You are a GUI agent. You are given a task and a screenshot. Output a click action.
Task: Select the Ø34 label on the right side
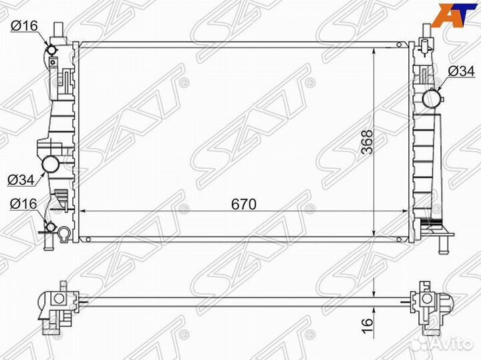coord(460,70)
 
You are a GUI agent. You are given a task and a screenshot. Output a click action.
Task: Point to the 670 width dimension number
coord(245,204)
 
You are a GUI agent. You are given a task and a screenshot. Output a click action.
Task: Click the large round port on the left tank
coord(50,163)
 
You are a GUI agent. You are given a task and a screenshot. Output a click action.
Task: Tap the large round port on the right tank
coord(432,99)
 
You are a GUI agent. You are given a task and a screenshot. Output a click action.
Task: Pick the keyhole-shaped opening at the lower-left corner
coord(64,234)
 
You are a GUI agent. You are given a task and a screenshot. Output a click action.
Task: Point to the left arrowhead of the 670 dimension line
coord(84,211)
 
